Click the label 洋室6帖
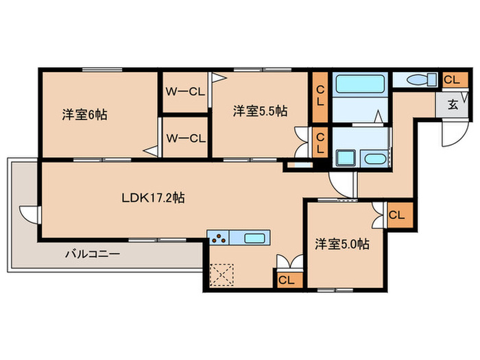[84, 115]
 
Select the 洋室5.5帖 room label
[259, 110]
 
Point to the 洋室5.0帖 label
[342, 243]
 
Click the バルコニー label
[93, 254]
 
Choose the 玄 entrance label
[453, 105]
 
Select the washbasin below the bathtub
[376, 160]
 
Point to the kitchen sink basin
[254, 238]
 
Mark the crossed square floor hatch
[223, 276]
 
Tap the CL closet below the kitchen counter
[287, 279]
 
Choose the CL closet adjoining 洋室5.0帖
[397, 215]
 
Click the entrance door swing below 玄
[451, 134]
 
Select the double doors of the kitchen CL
[288, 262]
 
